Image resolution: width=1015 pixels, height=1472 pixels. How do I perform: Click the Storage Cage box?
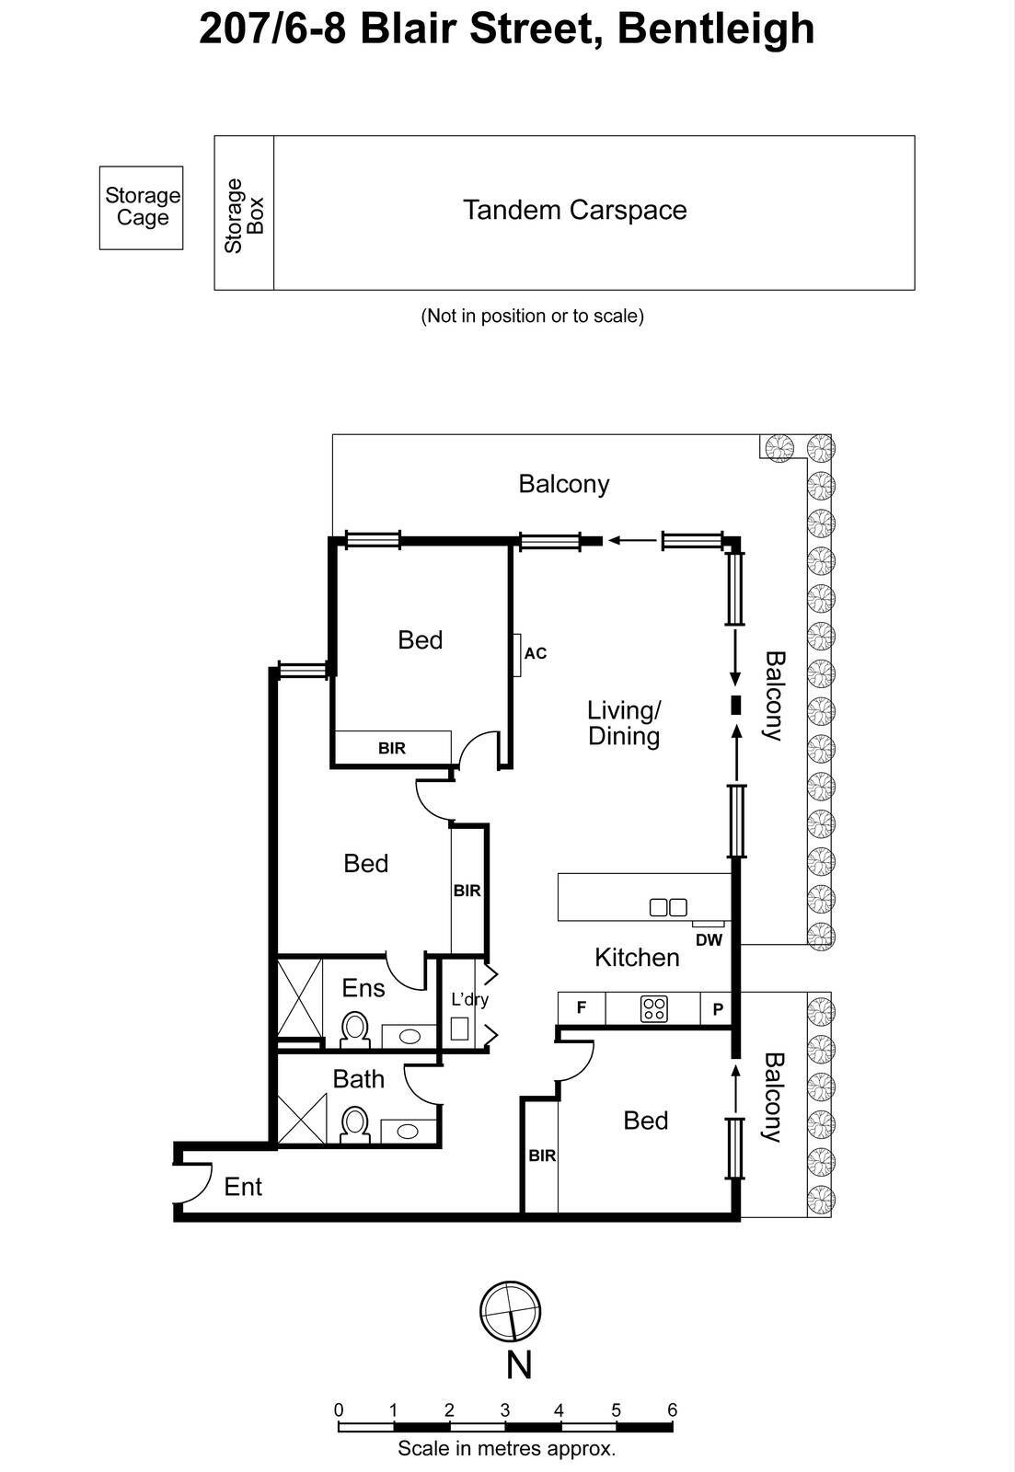(x=141, y=207)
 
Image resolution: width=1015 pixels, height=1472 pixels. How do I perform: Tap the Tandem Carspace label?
(x=574, y=210)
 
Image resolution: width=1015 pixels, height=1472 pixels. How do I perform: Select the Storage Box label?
(x=244, y=214)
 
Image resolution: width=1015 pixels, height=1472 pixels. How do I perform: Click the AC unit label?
(x=535, y=653)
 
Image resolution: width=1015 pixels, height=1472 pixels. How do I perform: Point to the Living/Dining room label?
(x=624, y=723)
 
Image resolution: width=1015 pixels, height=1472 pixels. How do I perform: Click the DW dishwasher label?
(x=709, y=940)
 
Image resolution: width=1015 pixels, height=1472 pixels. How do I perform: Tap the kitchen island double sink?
(x=668, y=907)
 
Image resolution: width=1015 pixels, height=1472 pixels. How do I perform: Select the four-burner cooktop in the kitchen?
(x=654, y=1008)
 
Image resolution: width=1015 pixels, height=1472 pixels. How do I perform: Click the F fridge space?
(x=582, y=1007)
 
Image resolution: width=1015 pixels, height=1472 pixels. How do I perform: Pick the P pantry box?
(x=718, y=1008)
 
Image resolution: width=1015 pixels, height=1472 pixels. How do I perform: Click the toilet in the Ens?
(x=354, y=1029)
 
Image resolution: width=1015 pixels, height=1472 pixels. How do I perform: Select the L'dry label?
(x=469, y=999)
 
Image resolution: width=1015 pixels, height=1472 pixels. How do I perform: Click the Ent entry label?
(x=243, y=1187)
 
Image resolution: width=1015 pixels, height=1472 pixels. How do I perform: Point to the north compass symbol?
(x=510, y=1312)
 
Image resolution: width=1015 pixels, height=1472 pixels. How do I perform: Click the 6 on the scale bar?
(x=673, y=1410)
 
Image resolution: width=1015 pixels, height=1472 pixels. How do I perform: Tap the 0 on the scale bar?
(x=339, y=1410)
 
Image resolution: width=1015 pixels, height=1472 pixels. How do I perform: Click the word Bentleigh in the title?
(x=716, y=29)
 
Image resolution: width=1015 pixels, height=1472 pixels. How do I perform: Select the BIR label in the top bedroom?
(x=392, y=748)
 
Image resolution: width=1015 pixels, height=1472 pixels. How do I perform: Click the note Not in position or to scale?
(x=532, y=316)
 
